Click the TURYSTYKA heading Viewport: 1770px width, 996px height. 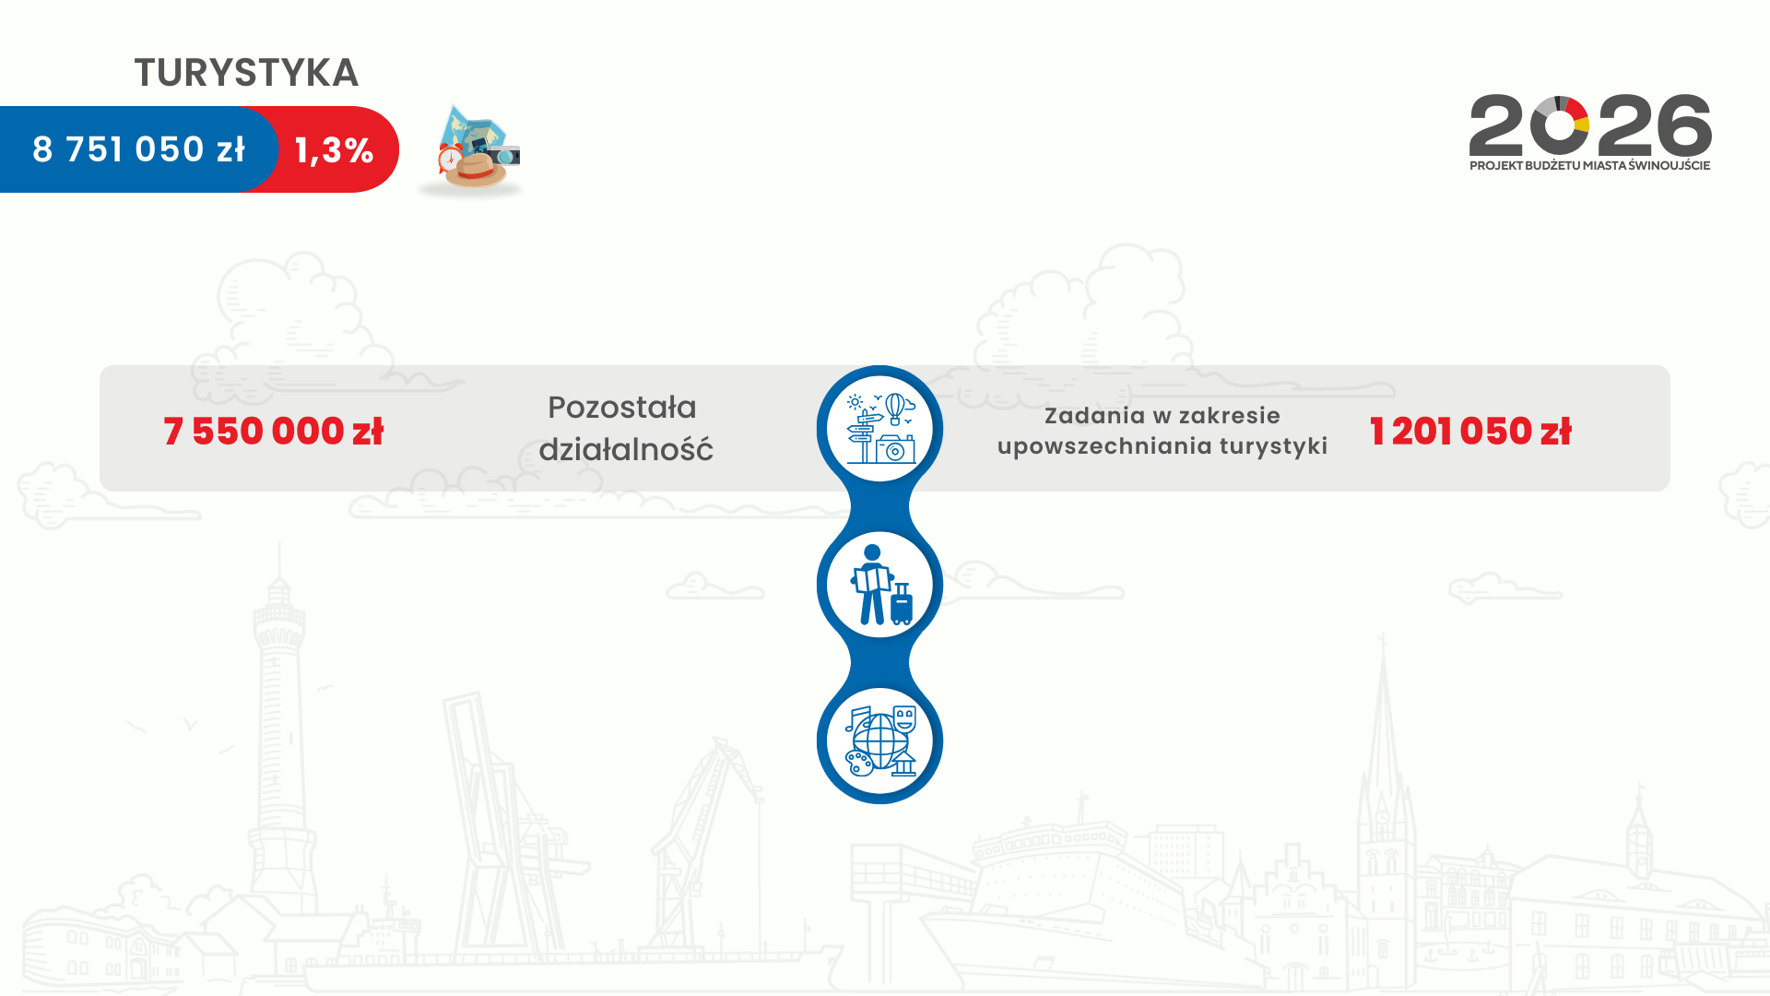pyautogui.click(x=246, y=73)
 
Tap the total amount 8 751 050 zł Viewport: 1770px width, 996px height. pyautogui.click(x=139, y=149)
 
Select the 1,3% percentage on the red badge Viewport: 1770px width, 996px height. pyautogui.click(x=334, y=150)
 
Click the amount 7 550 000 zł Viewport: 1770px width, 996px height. pyautogui.click(x=273, y=431)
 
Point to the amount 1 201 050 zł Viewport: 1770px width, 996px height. pyautogui.click(x=1470, y=431)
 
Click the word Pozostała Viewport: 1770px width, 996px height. pyautogui.click(x=622, y=407)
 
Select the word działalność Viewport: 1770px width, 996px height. pyautogui.click(x=626, y=449)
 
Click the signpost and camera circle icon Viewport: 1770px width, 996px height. pyautogui.click(x=880, y=428)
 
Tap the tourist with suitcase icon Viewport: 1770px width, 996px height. pyautogui.click(x=880, y=585)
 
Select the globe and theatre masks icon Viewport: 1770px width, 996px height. pyautogui.click(x=880, y=741)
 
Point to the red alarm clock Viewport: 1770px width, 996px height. pyautogui.click(x=449, y=158)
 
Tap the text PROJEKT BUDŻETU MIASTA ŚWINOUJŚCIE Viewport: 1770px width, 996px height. pyautogui.click(x=1590, y=166)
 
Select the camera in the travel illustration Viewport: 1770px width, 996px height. pyautogui.click(x=503, y=154)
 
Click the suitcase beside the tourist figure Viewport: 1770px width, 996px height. pyautogui.click(x=902, y=604)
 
